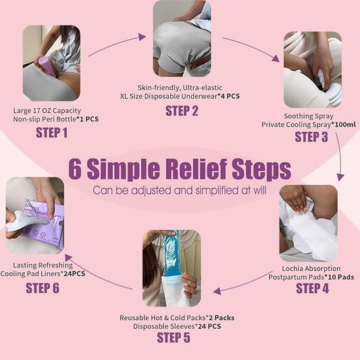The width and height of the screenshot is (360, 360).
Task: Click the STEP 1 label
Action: click(x=51, y=133)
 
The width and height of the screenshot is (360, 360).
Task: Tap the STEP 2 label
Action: click(x=182, y=111)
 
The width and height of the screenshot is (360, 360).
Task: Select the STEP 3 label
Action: click(x=311, y=138)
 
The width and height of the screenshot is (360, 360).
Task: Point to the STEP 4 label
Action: click(x=313, y=289)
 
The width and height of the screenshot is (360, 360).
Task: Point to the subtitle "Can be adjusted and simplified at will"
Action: click(x=180, y=190)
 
